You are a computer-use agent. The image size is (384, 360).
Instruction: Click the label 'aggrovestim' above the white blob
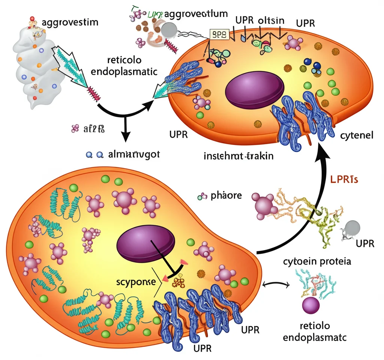[70, 22]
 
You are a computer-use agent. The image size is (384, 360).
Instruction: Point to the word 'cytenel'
[356, 136]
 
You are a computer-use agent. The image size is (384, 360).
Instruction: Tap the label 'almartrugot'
[133, 155]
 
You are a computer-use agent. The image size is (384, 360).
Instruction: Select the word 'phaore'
[226, 196]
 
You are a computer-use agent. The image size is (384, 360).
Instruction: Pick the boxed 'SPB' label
[217, 35]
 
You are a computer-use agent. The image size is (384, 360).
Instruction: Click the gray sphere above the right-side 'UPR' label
[352, 228]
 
